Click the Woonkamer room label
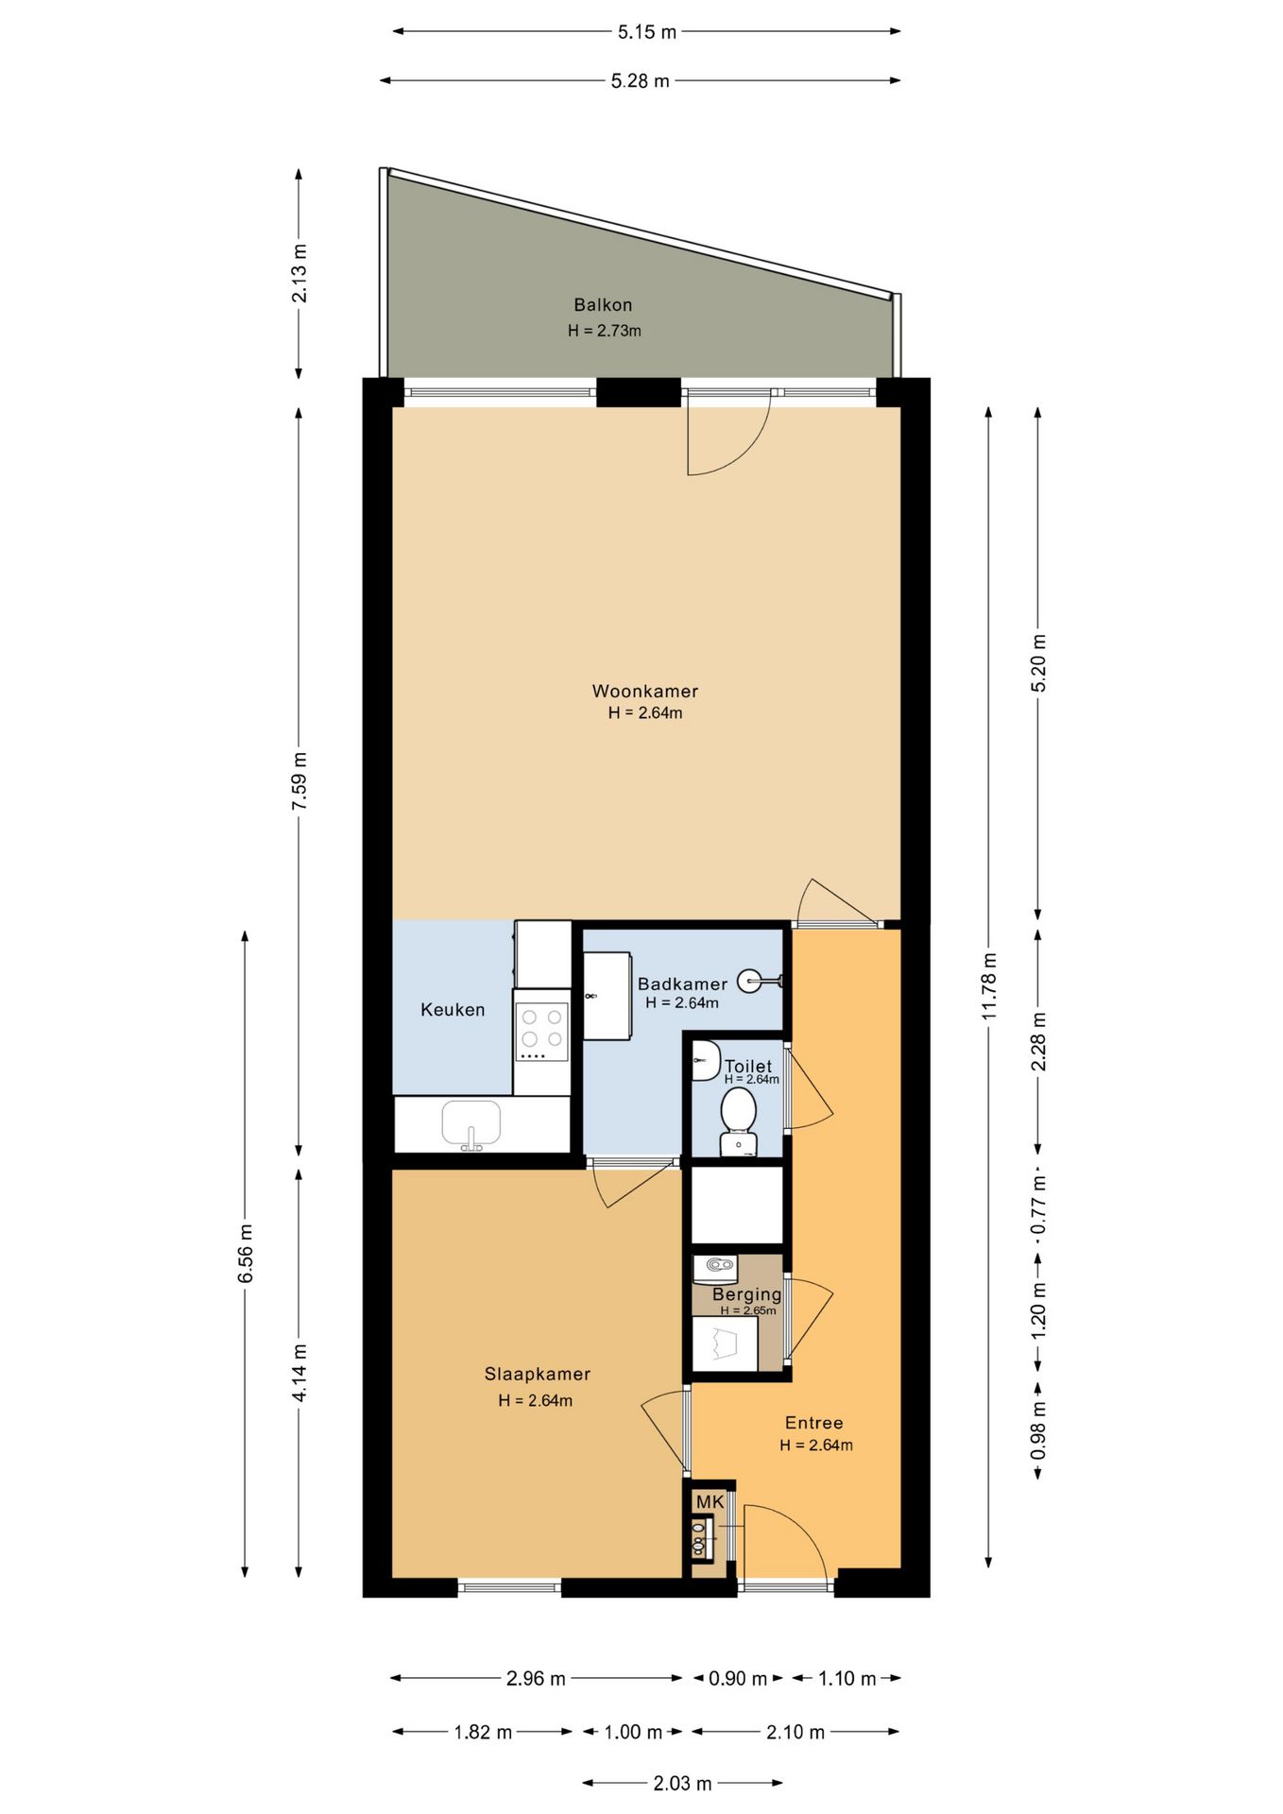pos(644,691)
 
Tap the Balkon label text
pos(603,304)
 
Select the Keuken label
pos(453,1009)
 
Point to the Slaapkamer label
pos(538,1374)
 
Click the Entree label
pos(813,1422)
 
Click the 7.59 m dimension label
pos(299,780)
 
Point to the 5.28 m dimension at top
pos(640,80)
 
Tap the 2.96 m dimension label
pos(536,1678)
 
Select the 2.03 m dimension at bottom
pos(682,1783)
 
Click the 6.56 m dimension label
pos(245,1254)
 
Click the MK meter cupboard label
pos(710,1502)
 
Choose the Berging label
pos(746,1294)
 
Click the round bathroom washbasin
pos(750,981)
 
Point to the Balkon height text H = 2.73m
pos(604,331)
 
